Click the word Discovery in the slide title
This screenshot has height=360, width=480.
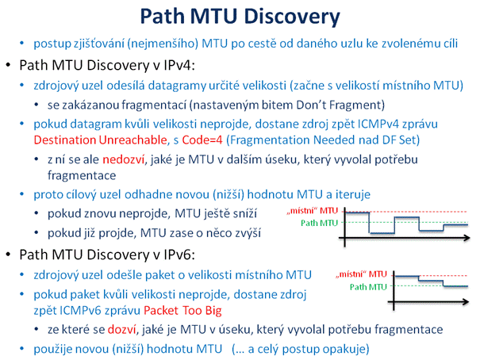pyautogui.click(x=292, y=17)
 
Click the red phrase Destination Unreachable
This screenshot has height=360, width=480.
pyautogui.click(x=100, y=140)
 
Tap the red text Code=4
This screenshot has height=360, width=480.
pyautogui.click(x=202, y=140)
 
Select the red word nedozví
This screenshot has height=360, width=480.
pyautogui.click(x=123, y=159)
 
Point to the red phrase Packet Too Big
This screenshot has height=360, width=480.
pyautogui.click(x=182, y=311)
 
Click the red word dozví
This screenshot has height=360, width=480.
pyautogui.click(x=121, y=329)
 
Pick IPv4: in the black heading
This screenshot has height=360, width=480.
pyautogui.click(x=179, y=65)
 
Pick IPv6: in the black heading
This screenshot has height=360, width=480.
pyautogui.click(x=179, y=255)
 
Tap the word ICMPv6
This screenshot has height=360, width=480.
pyautogui.click(x=80, y=311)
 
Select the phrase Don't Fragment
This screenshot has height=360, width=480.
pyautogui.click(x=340, y=105)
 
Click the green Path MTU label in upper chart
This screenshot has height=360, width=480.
pyautogui.click(x=319, y=223)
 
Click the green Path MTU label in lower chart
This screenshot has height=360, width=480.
pyautogui.click(x=368, y=287)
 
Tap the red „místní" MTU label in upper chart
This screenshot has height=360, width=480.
pyautogui.click(x=312, y=211)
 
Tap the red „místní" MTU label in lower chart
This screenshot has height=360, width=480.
pyautogui.click(x=361, y=274)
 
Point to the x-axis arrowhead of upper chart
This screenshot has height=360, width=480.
pyautogui.click(x=467, y=238)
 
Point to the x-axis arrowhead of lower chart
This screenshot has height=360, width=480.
pyautogui.click(x=465, y=302)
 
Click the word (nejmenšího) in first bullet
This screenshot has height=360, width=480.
pyautogui.click(x=163, y=44)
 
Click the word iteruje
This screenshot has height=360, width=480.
pyautogui.click(x=352, y=194)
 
